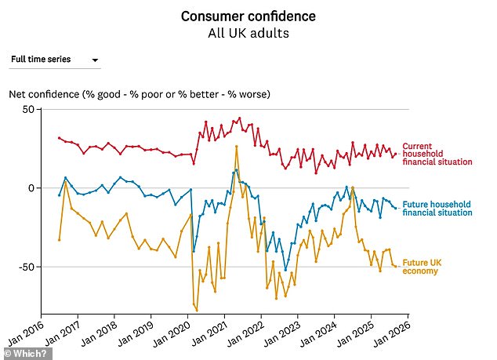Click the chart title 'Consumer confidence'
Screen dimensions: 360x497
click(x=248, y=16)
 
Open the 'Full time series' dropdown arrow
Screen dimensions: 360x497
click(x=95, y=60)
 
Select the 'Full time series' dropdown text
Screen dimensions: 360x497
click(x=41, y=60)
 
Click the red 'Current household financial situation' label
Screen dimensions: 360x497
click(x=437, y=154)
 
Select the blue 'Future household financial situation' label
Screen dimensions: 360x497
click(x=437, y=209)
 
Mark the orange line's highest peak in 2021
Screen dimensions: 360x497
click(x=237, y=147)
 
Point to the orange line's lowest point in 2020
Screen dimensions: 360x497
click(x=196, y=311)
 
